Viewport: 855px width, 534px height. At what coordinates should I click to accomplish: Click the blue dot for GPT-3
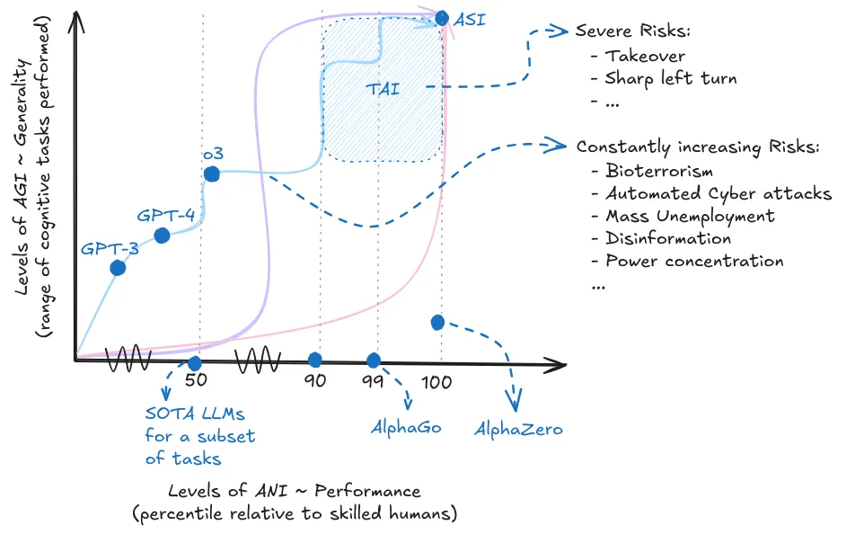(x=118, y=268)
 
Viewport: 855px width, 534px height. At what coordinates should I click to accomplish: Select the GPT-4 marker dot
(x=162, y=236)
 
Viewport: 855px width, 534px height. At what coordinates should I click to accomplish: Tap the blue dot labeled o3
(x=211, y=174)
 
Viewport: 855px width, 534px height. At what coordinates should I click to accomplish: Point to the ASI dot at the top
(x=441, y=17)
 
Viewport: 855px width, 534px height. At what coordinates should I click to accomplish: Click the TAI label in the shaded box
(x=383, y=89)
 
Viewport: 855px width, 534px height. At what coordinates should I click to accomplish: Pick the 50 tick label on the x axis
(x=196, y=380)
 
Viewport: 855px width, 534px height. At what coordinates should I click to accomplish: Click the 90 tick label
(x=314, y=380)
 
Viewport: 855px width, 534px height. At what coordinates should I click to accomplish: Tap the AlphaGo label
(x=406, y=427)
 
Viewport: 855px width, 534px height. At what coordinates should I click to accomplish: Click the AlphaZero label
(x=518, y=429)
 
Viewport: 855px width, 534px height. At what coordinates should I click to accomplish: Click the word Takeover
(x=645, y=56)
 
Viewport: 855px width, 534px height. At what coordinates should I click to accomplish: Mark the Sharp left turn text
(x=671, y=78)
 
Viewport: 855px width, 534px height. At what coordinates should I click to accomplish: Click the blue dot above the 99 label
(x=374, y=360)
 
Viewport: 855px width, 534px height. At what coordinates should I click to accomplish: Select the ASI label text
(x=471, y=18)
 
